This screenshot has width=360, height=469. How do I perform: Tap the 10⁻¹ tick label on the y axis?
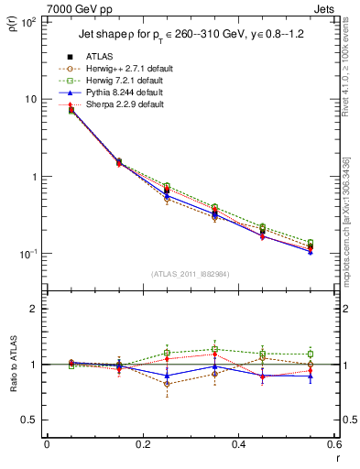coord(27,254)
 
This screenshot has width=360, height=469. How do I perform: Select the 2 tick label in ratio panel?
coord(33,310)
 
